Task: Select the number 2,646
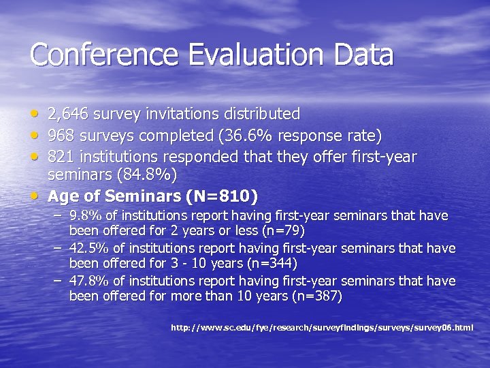[x=68, y=114]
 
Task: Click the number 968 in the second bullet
[x=61, y=135]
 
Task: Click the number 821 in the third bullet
[x=61, y=157]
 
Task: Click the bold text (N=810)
[x=222, y=197]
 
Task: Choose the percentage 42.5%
[x=88, y=249]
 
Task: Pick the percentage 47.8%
[x=88, y=281]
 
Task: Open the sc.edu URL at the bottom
[x=321, y=328]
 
